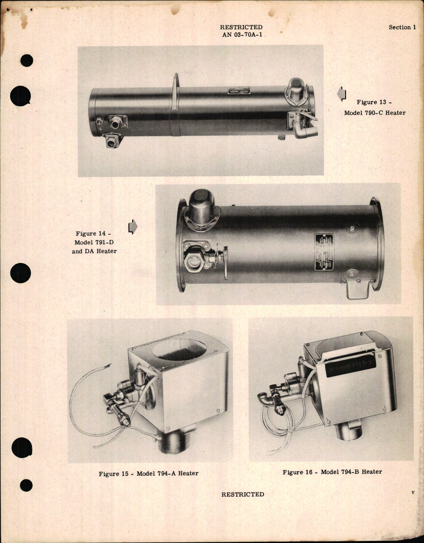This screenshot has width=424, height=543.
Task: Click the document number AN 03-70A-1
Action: tap(242, 34)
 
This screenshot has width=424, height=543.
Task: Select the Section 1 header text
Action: tap(402, 28)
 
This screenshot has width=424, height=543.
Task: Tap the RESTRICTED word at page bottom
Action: tap(242, 494)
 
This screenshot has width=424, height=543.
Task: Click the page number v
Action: tap(413, 492)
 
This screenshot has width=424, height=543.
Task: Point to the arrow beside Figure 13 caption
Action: tap(341, 93)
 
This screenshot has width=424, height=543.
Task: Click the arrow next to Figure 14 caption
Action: tap(133, 227)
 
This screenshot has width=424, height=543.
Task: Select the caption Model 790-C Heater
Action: tap(374, 113)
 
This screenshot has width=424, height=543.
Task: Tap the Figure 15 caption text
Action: tap(148, 473)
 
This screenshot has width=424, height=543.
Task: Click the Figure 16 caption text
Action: tap(332, 472)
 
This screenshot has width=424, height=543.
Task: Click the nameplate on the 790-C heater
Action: tap(239, 91)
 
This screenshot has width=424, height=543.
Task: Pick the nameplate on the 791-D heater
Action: tap(324, 252)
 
